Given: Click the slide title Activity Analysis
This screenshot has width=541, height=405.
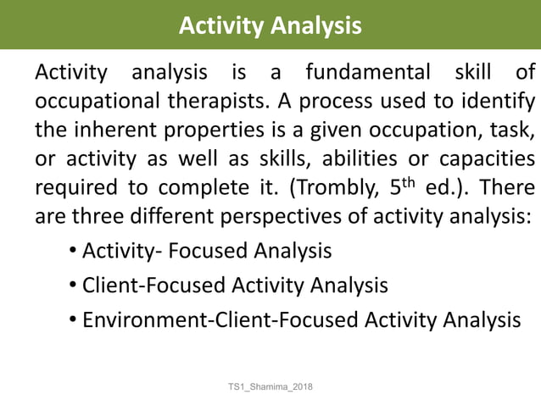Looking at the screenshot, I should pos(270,26).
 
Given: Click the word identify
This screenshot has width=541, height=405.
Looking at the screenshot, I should pos(477,103).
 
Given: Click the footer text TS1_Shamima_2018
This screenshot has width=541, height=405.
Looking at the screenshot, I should pos(270,386).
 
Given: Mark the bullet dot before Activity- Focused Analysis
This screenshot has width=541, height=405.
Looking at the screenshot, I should pos(74,252).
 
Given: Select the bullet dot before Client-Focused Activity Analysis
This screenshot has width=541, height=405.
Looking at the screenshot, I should pos(74,286).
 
